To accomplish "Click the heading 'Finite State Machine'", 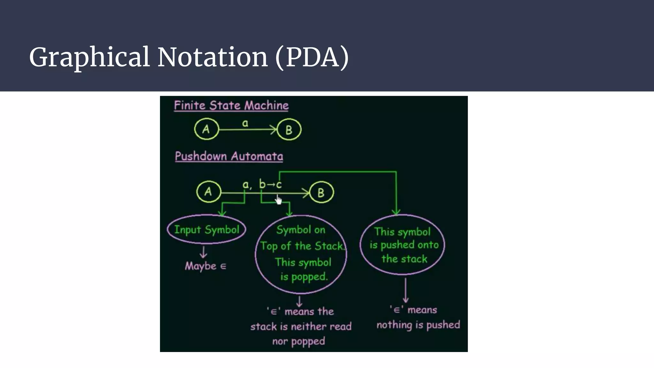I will pyautogui.click(x=231, y=105).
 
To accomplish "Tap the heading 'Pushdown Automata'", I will pyautogui.click(x=229, y=156).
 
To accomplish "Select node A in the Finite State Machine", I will pyautogui.click(x=206, y=129).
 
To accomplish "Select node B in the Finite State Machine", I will pyautogui.click(x=289, y=130).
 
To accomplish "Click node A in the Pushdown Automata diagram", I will pyautogui.click(x=209, y=192).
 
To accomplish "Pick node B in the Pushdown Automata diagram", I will pyautogui.click(x=321, y=192).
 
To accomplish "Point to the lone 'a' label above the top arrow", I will pyautogui.click(x=245, y=123).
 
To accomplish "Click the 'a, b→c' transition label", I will pyautogui.click(x=262, y=184).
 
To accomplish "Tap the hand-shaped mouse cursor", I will pyautogui.click(x=279, y=200).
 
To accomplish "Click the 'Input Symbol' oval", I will pyautogui.click(x=207, y=229).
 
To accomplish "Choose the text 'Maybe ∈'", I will pyautogui.click(x=206, y=266).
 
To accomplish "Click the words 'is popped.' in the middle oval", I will pyautogui.click(x=304, y=277).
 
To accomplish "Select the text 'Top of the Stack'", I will pyautogui.click(x=302, y=246).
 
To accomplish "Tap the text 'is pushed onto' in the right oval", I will pyautogui.click(x=404, y=245).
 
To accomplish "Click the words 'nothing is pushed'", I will pyautogui.click(x=418, y=325).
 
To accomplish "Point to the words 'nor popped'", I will pyautogui.click(x=299, y=341).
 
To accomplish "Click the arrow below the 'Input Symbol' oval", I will pyautogui.click(x=203, y=252).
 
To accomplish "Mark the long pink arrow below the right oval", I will pyautogui.click(x=406, y=290).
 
